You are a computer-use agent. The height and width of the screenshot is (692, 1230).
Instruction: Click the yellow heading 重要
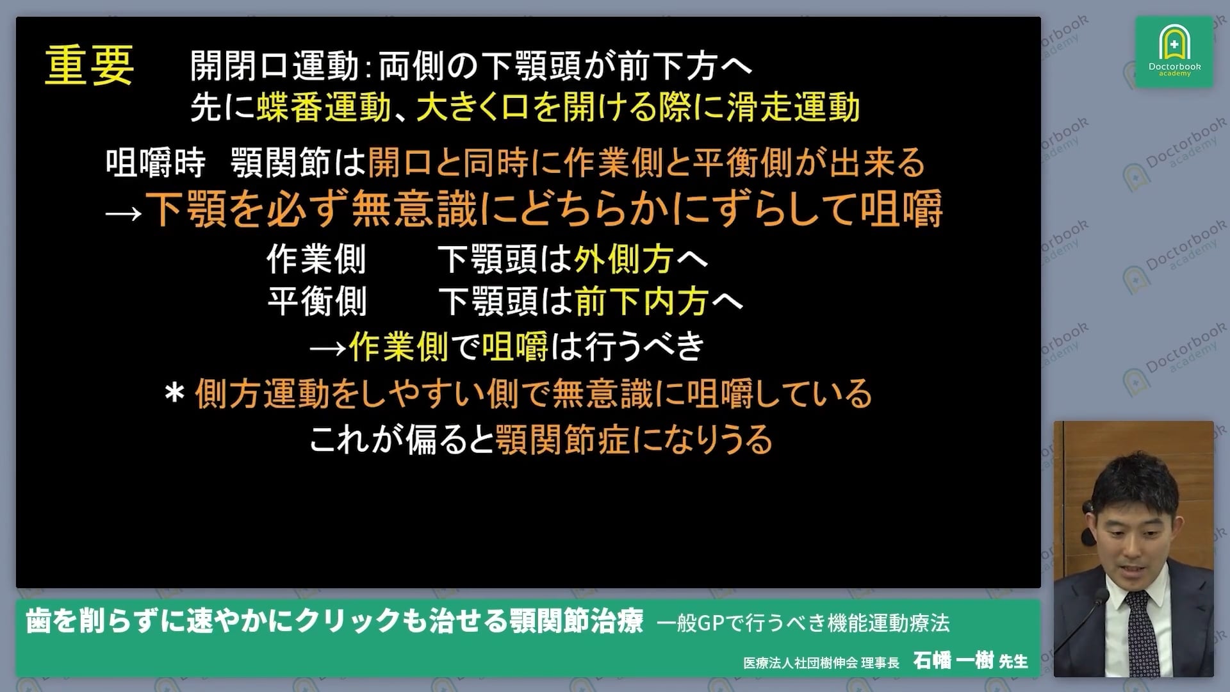[x=89, y=65]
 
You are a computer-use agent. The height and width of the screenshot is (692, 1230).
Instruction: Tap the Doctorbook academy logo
[x=1174, y=51]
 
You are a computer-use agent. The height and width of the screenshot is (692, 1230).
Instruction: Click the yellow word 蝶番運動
[x=324, y=108]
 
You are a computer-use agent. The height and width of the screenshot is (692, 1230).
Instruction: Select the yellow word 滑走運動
[x=793, y=108]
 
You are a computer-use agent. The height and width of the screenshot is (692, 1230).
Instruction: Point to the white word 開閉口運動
[x=274, y=66]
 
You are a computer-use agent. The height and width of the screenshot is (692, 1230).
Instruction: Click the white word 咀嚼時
[x=156, y=163]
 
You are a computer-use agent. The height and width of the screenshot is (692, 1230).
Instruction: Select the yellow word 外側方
[x=623, y=259]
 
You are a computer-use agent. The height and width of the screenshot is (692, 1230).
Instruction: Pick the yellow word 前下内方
[x=641, y=302]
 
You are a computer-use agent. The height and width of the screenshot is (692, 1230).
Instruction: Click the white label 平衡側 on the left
[x=316, y=302]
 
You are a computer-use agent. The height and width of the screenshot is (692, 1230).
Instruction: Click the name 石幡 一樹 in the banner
[x=953, y=660]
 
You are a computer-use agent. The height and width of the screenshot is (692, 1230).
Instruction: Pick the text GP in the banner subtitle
[x=710, y=623]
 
